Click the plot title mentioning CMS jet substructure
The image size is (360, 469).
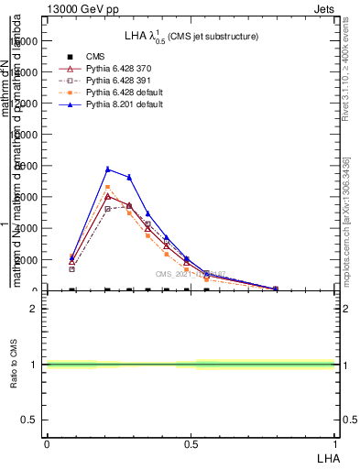[191, 36]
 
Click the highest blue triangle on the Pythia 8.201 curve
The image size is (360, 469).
[108, 169]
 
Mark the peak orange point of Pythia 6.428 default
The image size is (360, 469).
[108, 187]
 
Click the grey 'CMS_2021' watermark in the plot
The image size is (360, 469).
[188, 273]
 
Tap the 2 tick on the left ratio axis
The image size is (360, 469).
[33, 309]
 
